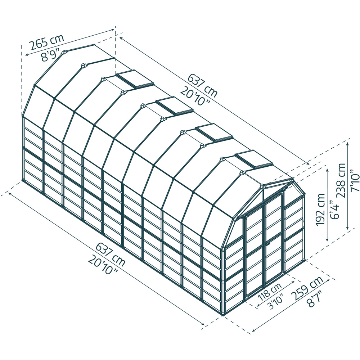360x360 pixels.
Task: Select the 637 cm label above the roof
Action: pos(202,86)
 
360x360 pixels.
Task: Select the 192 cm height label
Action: pos(320,210)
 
